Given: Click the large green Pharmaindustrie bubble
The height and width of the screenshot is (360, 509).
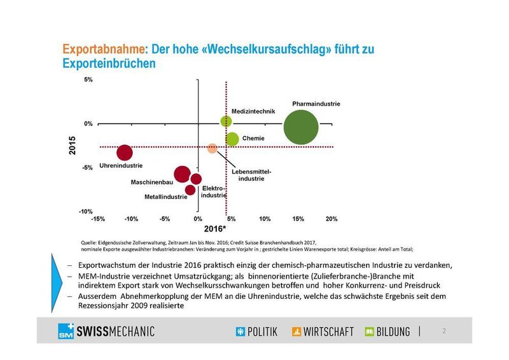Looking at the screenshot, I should (309, 127).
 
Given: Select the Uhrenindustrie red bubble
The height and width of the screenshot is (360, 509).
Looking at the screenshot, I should (125, 153).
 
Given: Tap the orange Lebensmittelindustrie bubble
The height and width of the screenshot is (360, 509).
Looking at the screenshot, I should (213, 148).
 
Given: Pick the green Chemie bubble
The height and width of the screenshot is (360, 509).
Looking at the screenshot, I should (232, 139).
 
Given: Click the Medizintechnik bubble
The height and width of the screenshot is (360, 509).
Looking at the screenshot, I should (226, 121).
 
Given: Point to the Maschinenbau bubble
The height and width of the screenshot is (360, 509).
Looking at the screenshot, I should (182, 174).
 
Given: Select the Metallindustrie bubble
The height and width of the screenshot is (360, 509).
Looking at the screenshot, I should (190, 190).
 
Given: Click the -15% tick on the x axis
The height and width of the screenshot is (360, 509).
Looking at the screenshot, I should (98, 219).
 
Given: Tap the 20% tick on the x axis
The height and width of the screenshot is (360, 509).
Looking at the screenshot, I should (331, 219).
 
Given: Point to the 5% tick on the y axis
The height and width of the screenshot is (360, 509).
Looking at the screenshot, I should (88, 80).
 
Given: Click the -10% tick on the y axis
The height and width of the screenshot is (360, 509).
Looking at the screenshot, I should (87, 211).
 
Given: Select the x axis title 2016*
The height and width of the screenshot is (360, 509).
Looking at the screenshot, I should (214, 228).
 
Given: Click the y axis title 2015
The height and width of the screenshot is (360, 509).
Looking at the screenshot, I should (72, 146).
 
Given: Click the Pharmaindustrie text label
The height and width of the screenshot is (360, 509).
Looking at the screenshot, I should (316, 103).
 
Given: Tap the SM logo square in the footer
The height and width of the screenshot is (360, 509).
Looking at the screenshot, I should (64, 331).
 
